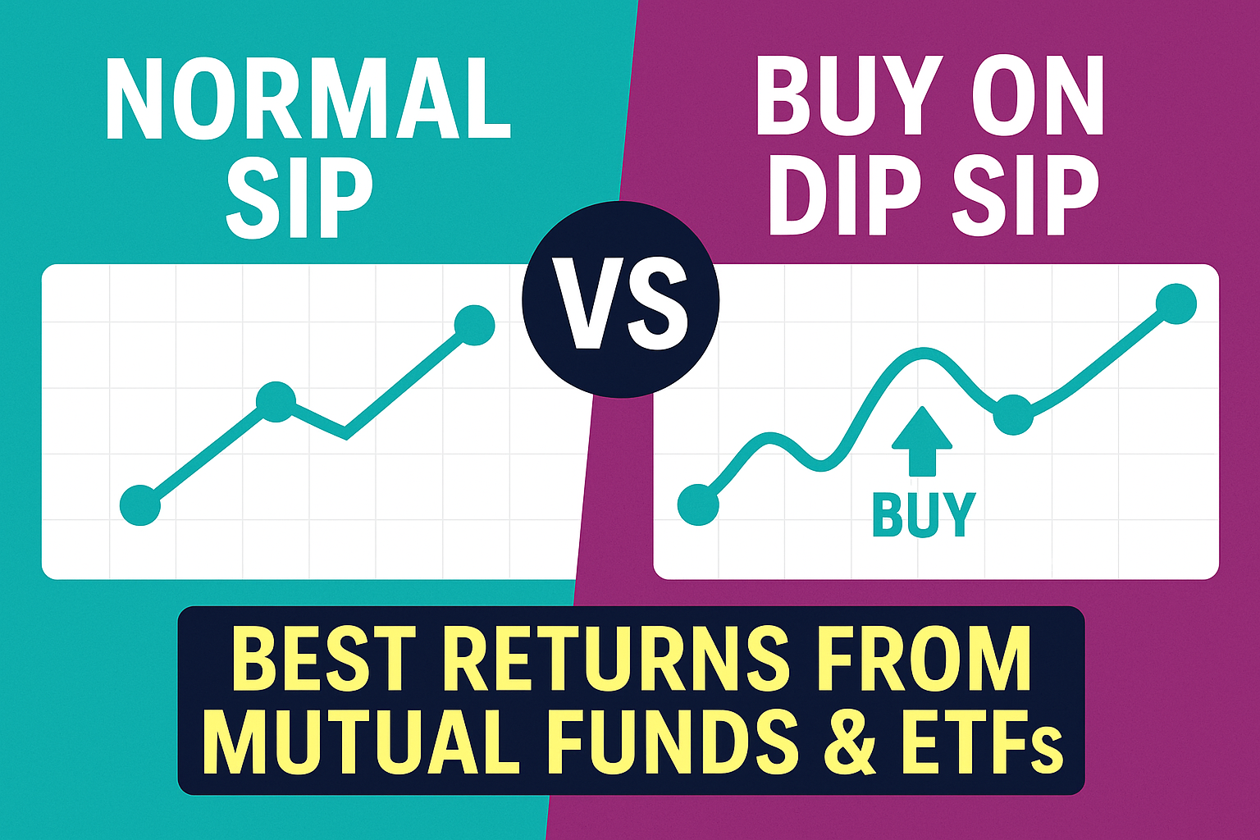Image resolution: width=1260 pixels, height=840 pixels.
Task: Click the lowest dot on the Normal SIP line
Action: [x=140, y=504]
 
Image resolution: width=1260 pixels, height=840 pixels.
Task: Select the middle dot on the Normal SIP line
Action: [x=276, y=401]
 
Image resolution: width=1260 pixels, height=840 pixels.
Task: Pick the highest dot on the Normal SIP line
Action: [x=474, y=325]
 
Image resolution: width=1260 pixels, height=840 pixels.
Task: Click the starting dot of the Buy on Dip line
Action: [x=698, y=504]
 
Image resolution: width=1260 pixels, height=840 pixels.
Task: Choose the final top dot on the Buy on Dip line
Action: [x=1176, y=304]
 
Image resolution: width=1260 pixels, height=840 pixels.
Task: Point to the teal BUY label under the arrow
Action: [x=923, y=514]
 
